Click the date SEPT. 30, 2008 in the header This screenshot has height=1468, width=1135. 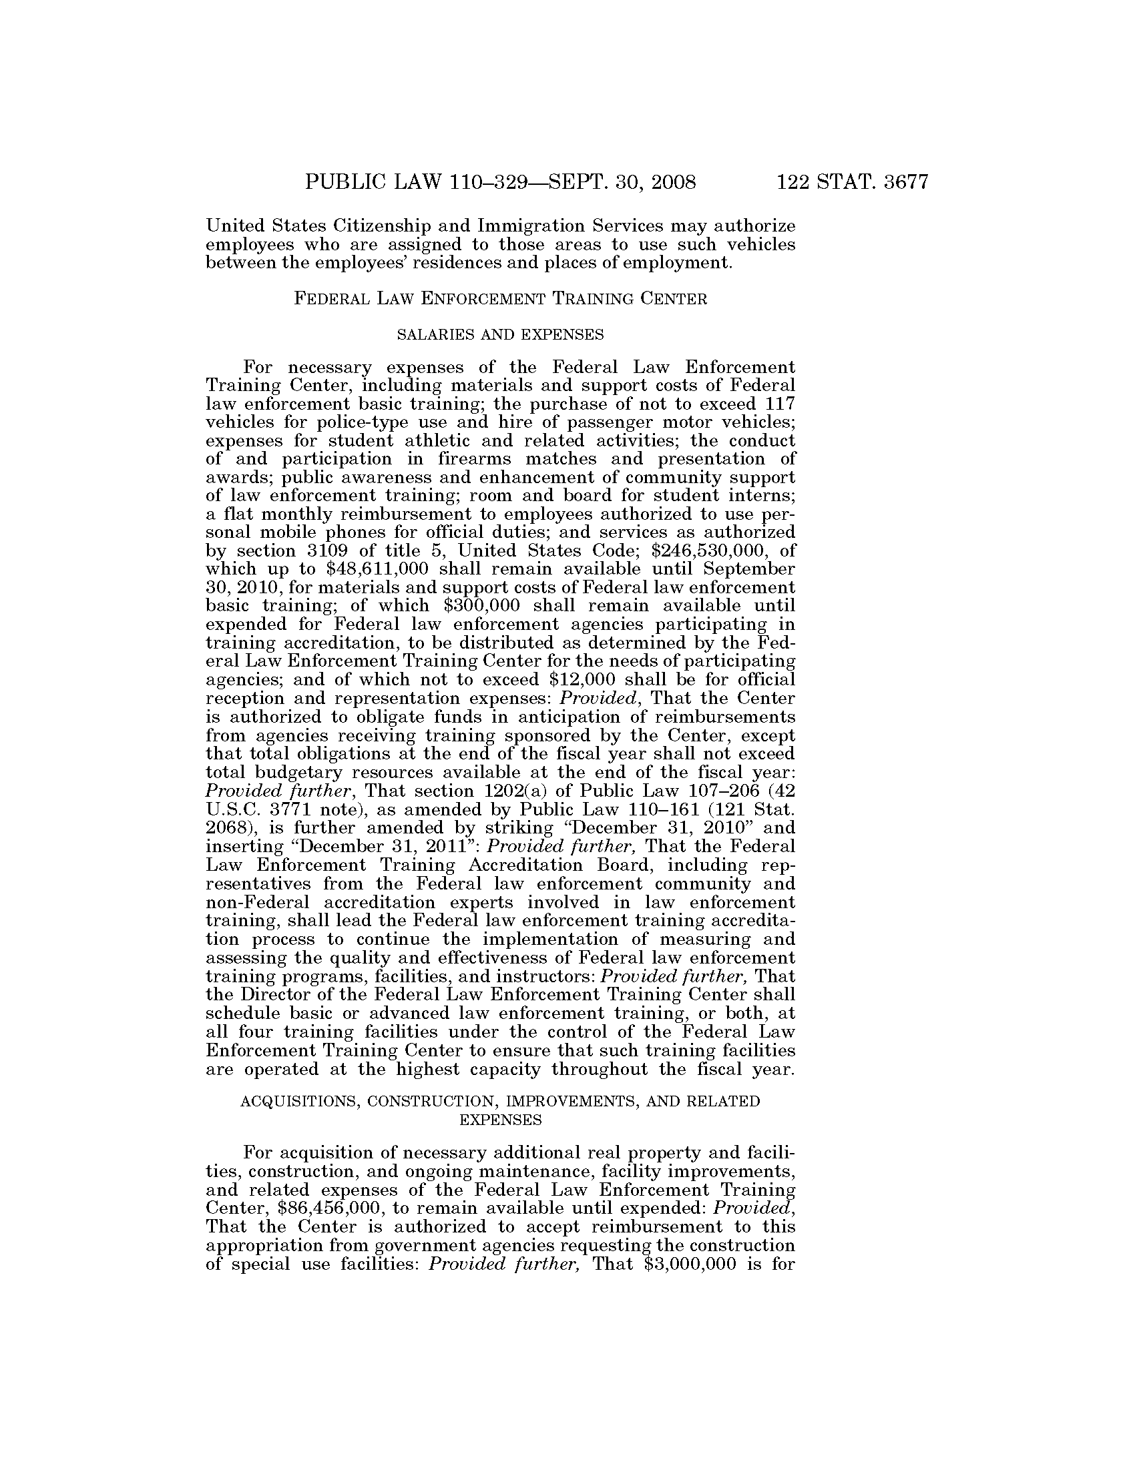[x=622, y=183]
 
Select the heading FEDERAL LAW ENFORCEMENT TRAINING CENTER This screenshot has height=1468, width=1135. [x=501, y=299]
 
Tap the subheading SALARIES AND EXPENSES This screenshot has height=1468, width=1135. [x=500, y=334]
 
